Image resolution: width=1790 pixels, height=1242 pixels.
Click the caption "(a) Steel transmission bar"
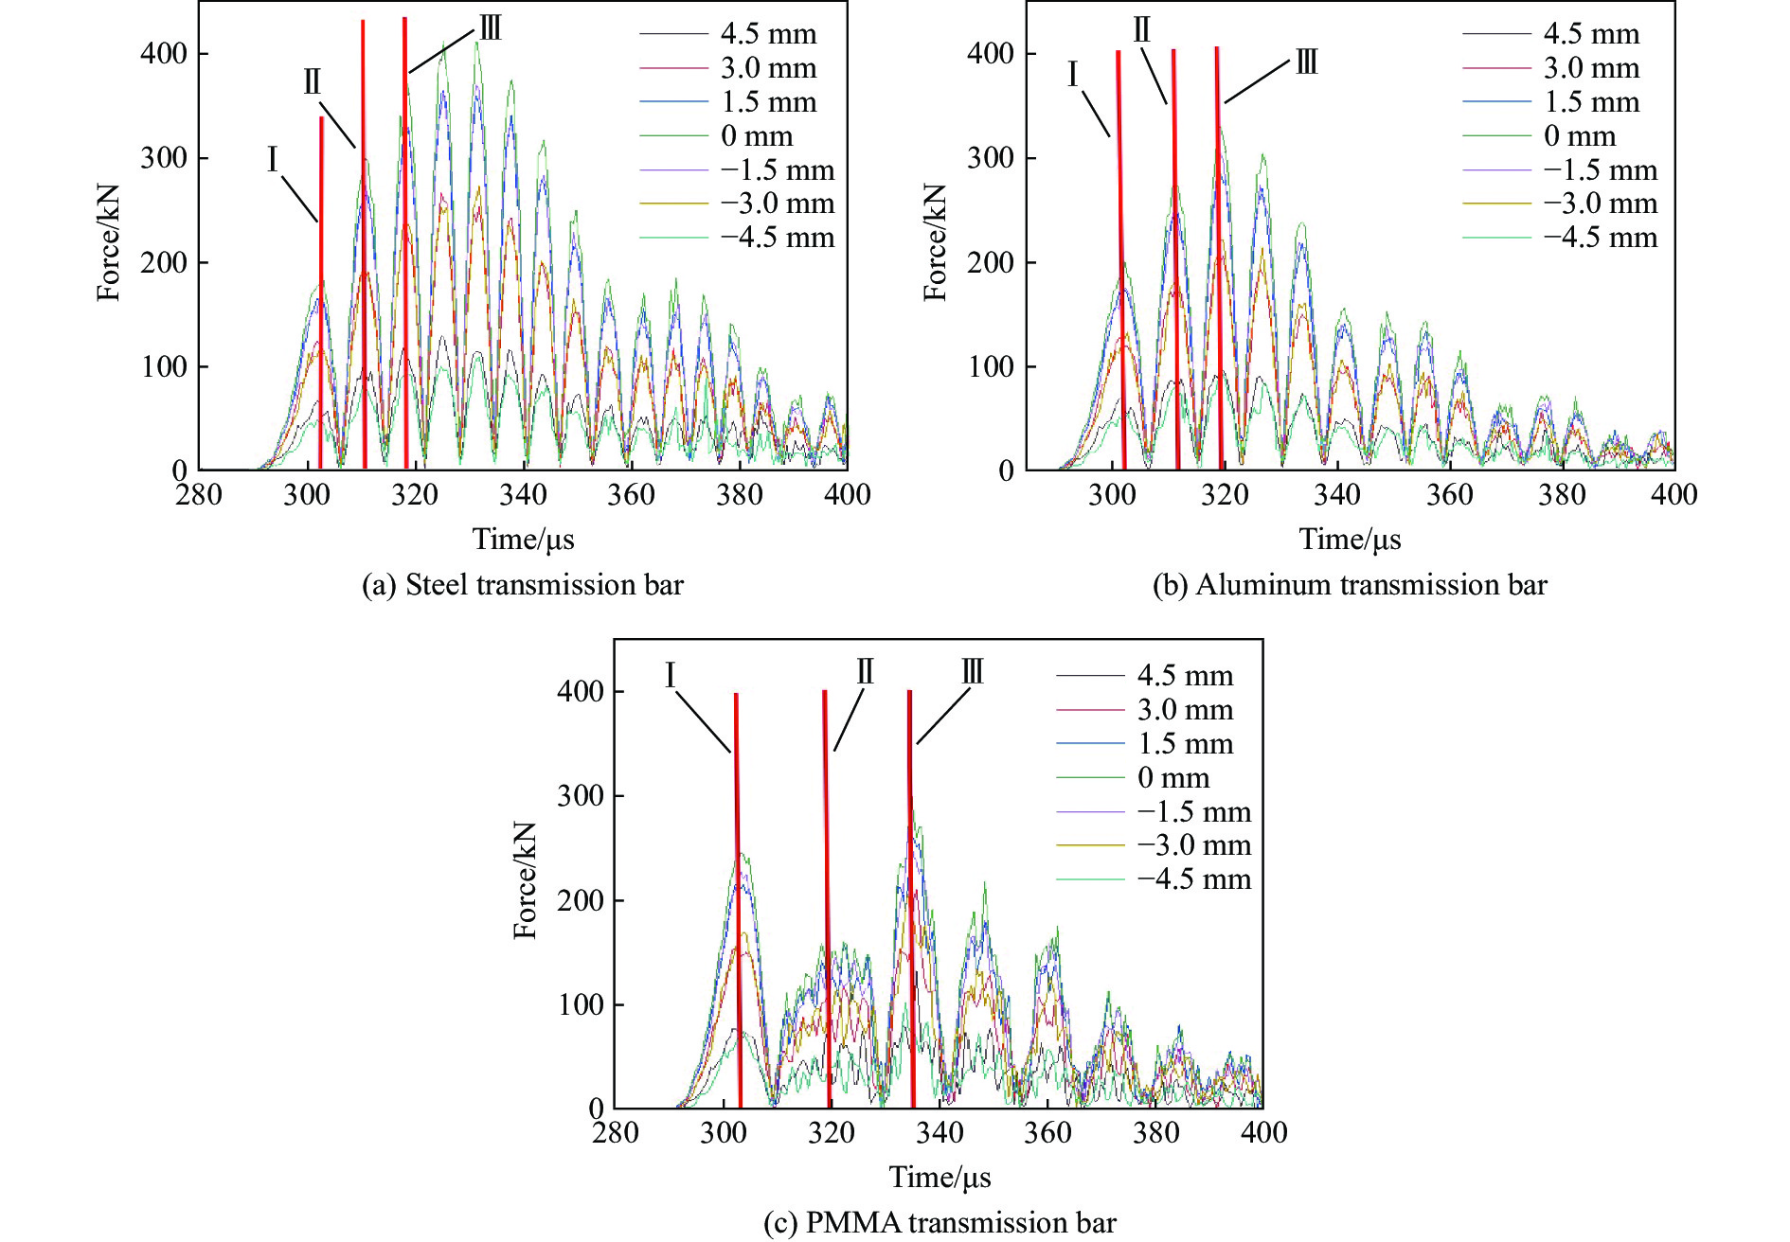523,585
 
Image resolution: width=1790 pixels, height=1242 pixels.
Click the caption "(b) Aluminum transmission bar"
1350,585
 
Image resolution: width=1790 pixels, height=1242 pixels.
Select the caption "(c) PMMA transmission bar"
940,1223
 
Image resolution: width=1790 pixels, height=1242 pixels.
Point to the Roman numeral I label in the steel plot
273,159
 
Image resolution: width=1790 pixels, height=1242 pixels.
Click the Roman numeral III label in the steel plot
490,28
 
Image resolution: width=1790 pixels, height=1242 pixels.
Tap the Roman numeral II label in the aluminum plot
1141,30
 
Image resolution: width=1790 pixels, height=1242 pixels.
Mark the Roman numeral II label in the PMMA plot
865,672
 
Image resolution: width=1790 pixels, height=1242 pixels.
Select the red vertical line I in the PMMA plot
738,899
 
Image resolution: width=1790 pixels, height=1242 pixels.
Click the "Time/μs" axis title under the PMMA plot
940,1177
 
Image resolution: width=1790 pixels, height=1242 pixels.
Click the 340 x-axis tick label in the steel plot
523,495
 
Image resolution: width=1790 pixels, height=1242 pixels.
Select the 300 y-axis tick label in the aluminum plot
991,158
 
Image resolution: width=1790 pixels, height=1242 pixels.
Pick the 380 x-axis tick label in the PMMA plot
1155,1133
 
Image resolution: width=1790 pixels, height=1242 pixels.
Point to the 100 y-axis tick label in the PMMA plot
581,1004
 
